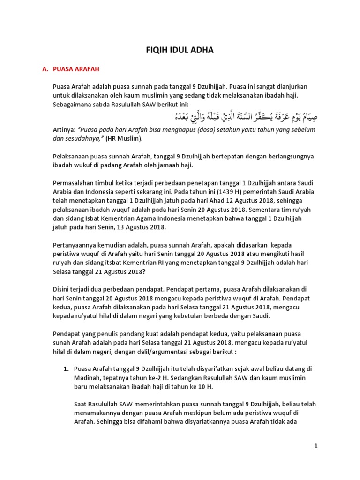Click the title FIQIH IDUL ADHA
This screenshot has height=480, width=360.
(180, 50)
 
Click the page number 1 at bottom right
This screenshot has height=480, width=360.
(316, 447)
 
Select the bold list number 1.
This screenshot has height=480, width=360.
(66, 369)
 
